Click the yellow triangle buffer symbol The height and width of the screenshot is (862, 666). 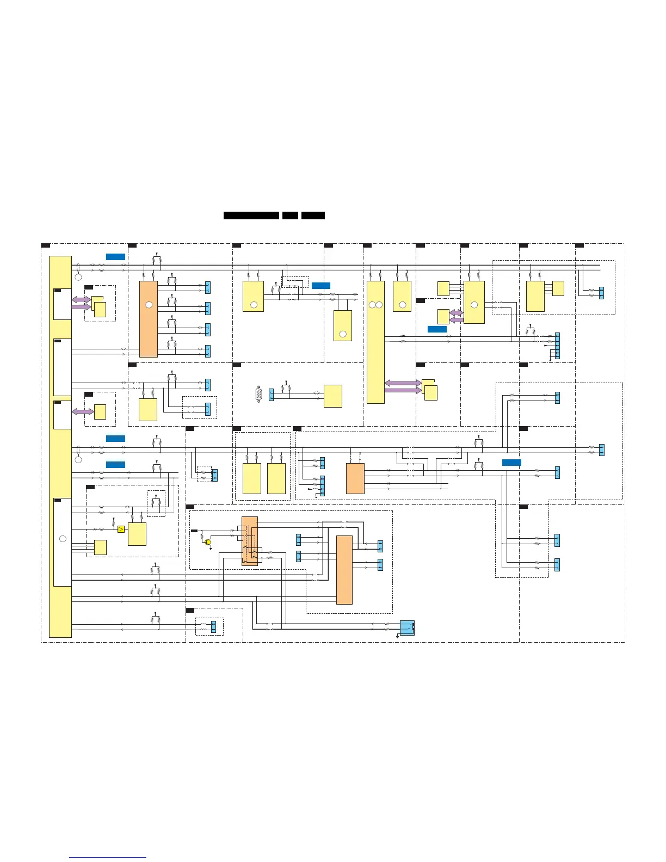point(121,529)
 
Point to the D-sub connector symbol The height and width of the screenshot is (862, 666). point(259,394)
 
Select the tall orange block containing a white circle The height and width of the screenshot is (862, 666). point(149,319)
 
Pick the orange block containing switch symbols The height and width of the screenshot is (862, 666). point(250,541)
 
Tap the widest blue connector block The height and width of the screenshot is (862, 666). point(407,627)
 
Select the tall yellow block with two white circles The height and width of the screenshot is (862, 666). point(375,342)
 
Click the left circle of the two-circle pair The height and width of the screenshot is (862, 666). point(372,305)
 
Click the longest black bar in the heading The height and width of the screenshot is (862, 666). point(251,215)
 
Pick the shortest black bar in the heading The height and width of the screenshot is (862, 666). point(290,215)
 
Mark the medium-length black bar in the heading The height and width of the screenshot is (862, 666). point(313,215)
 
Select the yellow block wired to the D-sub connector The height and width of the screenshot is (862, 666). point(333,396)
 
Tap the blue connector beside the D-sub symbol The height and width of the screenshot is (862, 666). point(272,395)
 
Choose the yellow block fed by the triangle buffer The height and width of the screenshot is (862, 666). point(137,534)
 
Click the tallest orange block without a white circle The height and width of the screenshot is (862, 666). point(344,570)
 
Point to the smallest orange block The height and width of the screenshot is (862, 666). point(355,478)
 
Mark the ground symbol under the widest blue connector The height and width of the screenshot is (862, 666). point(398,637)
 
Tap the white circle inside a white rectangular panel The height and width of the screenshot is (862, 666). point(63,539)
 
